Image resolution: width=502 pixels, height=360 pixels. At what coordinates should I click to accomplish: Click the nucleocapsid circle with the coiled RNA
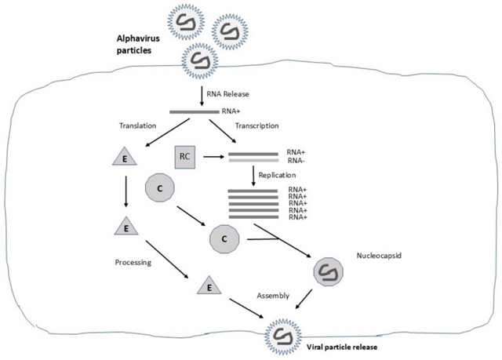click(x=329, y=273)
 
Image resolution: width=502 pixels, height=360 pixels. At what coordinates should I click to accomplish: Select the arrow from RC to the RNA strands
click(x=213, y=157)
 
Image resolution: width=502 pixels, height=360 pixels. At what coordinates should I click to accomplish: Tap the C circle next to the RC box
click(x=159, y=188)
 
